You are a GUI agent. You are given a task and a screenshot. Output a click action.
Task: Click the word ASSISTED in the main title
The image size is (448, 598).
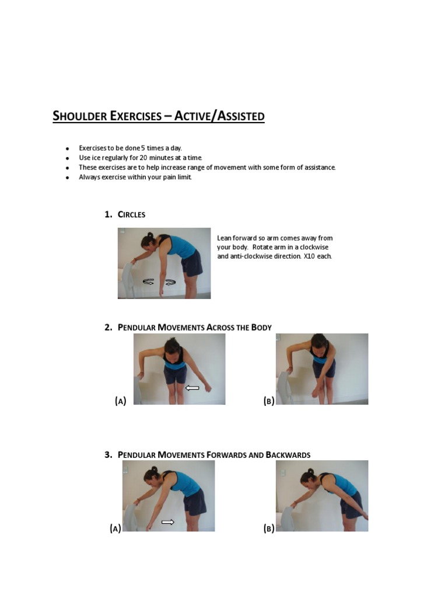pos(240,116)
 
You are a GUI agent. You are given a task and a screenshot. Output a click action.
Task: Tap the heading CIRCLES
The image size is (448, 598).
pos(131,214)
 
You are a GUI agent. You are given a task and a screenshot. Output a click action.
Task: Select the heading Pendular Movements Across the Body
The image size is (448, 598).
pos(195,327)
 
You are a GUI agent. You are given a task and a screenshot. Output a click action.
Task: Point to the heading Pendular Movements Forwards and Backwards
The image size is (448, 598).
pos(214,455)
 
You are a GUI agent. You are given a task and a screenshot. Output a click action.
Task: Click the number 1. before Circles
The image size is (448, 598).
pos(108,214)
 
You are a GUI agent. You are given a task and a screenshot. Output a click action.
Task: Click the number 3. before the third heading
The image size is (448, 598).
pos(108,455)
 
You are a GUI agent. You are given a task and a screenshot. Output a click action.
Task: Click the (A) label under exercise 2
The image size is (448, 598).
pos(120,401)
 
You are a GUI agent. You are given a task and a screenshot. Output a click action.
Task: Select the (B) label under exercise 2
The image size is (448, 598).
pos(268,401)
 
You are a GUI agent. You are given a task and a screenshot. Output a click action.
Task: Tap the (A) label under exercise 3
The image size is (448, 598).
pos(115,529)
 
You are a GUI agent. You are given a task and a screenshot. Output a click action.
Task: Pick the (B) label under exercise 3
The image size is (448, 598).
pos(268,529)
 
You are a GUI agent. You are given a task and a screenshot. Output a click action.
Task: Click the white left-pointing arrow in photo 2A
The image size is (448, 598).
pos(192,387)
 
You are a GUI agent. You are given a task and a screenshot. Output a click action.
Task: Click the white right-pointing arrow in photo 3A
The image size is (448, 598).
pos(168,522)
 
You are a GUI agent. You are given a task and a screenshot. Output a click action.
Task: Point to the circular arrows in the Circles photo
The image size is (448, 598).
pos(159,282)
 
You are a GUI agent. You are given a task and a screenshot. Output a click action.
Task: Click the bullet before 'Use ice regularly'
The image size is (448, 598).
pos(68,158)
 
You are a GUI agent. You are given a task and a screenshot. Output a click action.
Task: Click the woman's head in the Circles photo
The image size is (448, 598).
pos(148,241)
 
